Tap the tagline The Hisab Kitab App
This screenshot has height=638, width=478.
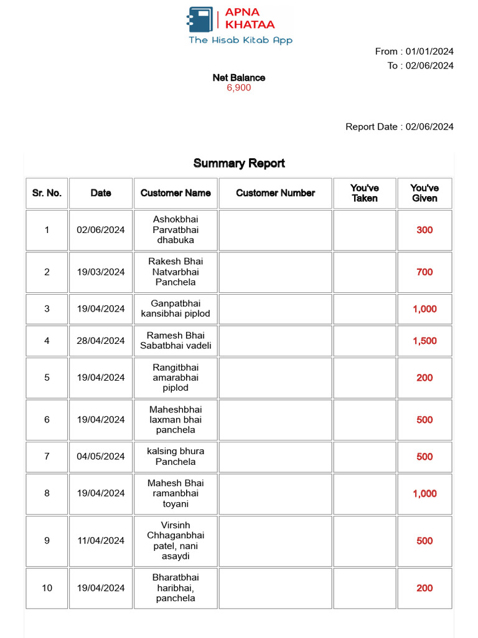pyautogui.click(x=240, y=40)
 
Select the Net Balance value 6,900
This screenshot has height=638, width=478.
pyautogui.click(x=238, y=88)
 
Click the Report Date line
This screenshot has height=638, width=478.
pyautogui.click(x=400, y=126)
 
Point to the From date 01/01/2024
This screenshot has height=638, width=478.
pyautogui.click(x=429, y=51)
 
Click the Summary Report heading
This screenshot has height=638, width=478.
pyautogui.click(x=239, y=163)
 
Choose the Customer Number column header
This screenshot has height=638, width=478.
pyautogui.click(x=275, y=193)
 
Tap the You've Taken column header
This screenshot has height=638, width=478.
pyautogui.click(x=365, y=193)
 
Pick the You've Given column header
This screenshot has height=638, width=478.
pyautogui.click(x=424, y=193)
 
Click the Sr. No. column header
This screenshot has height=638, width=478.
pyautogui.click(x=47, y=193)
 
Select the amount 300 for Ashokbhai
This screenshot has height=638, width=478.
pyautogui.click(x=424, y=230)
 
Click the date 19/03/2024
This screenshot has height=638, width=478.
pyautogui.click(x=101, y=272)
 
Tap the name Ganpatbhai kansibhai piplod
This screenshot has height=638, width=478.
pyautogui.click(x=176, y=308)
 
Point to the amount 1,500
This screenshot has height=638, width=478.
pyautogui.click(x=424, y=341)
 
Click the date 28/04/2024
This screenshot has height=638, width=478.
pyautogui.click(x=101, y=341)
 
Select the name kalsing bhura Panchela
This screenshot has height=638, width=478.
pyautogui.click(x=176, y=456)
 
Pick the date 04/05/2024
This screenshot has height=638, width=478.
pyautogui.click(x=101, y=456)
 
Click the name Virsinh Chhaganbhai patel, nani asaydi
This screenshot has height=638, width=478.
pyautogui.click(x=176, y=541)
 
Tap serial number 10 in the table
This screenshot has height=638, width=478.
pyautogui.click(x=47, y=588)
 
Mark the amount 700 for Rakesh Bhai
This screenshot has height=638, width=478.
pyautogui.click(x=424, y=272)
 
